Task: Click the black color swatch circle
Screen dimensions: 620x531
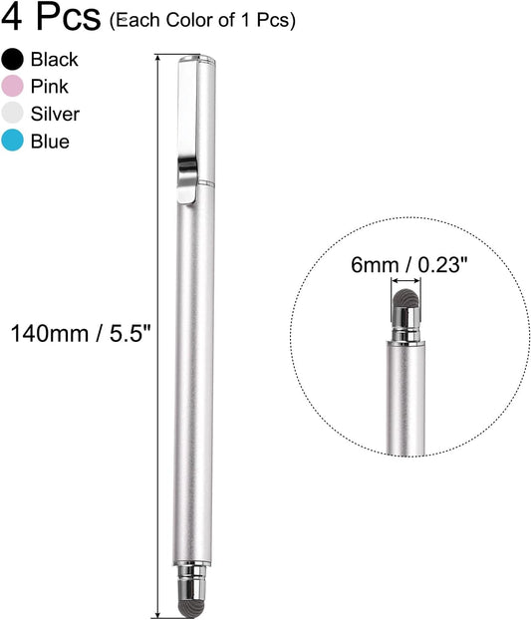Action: click(14, 60)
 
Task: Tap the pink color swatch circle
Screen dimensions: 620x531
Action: click(14, 87)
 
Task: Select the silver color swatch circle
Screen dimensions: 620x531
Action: click(14, 114)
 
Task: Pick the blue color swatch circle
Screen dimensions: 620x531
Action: click(14, 142)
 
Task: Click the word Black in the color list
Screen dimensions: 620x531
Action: click(55, 60)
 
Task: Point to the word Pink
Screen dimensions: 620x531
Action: click(49, 87)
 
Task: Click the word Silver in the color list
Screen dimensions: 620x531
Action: click(55, 114)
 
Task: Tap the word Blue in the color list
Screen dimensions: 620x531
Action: click(50, 142)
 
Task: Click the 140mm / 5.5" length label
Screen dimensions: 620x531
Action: click(79, 332)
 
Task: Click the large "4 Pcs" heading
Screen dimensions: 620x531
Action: click(51, 18)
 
